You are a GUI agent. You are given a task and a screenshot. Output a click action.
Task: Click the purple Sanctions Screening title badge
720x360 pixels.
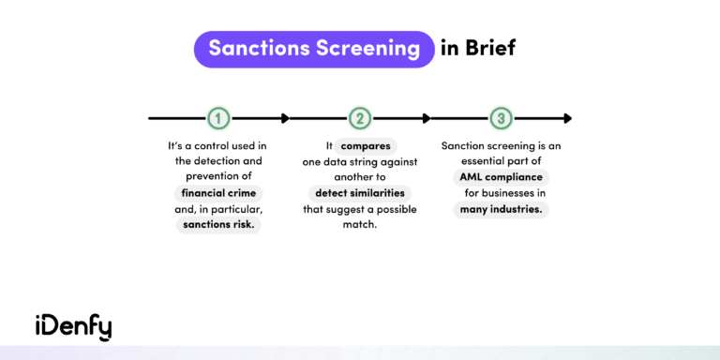pos(314,49)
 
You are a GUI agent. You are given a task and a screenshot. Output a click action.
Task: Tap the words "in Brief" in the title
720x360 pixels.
pos(478,49)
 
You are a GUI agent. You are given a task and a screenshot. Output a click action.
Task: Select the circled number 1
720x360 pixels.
pos(217,118)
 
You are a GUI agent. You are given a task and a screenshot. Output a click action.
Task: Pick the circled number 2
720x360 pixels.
pos(360,118)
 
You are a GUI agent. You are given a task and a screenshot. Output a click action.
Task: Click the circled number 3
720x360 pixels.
pos(502,118)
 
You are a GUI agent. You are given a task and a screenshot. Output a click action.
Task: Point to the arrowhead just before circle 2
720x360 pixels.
pos(284,118)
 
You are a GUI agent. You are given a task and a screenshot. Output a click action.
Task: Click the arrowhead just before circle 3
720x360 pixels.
pos(426,118)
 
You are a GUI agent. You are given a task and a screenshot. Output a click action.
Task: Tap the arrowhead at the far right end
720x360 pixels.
pos(566,118)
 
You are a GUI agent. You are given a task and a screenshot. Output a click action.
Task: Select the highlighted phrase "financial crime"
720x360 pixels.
pos(217,192)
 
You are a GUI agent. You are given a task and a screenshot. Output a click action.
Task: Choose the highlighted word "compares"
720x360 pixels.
pos(367,146)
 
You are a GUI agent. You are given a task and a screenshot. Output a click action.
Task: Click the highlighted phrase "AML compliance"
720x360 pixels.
pos(502,176)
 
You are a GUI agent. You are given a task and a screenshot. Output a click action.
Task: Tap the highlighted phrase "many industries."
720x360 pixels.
pos(502,209)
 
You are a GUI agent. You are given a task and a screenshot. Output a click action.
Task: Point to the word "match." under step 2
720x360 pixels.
pos(361,225)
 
